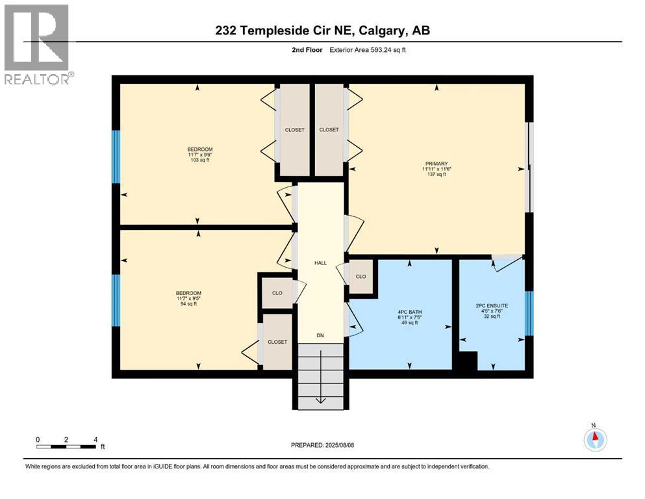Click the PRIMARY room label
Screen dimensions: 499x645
pos(436,164)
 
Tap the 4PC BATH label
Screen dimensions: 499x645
pos(410,312)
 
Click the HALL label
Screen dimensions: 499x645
pos(320,263)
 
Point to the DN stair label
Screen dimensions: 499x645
pos(320,336)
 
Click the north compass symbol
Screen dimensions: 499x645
pos(594,439)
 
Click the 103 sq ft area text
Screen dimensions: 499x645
pos(200,160)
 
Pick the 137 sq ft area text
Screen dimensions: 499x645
pos(436,175)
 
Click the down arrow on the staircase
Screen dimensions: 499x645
pos(320,398)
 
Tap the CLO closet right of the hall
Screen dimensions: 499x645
pos(361,276)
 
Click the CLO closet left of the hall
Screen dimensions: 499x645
pos(277,293)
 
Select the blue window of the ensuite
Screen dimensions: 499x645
pos(529,314)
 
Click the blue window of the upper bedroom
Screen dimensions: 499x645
pos(116,157)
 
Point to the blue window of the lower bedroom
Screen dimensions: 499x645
pos(116,300)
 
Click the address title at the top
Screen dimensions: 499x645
pos(323,30)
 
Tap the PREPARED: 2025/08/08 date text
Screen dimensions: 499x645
pos(323,445)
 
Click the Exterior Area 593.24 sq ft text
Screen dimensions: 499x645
pos(371,49)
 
